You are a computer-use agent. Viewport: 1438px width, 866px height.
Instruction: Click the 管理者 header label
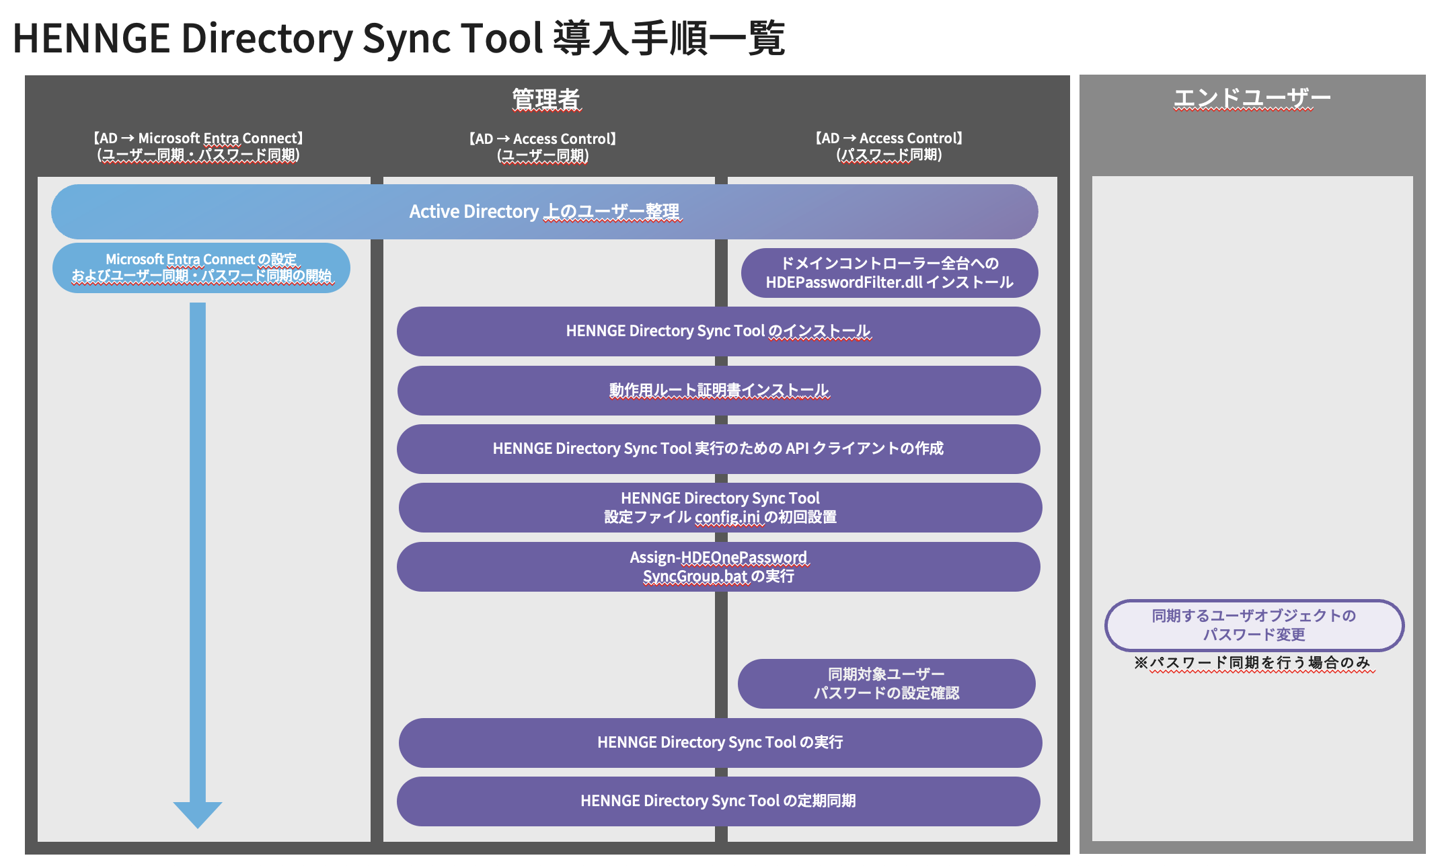click(x=545, y=99)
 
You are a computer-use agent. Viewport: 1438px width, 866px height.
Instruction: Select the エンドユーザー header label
click(x=1252, y=98)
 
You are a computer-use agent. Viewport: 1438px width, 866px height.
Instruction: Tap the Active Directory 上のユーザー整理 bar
click(x=544, y=212)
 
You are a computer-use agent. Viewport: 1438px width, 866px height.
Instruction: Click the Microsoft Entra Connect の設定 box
click(x=201, y=268)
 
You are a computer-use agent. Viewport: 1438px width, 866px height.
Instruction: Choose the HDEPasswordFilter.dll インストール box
click(x=889, y=273)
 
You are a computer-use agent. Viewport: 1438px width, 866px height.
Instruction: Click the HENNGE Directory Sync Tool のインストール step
click(x=718, y=331)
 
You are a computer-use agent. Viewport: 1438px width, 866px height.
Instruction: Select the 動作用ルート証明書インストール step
click(x=718, y=391)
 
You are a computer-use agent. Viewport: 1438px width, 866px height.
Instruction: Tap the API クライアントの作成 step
click(x=718, y=449)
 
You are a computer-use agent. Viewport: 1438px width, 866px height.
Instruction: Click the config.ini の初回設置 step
click(x=720, y=508)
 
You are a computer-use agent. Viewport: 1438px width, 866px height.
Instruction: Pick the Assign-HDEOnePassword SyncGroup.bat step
click(x=718, y=567)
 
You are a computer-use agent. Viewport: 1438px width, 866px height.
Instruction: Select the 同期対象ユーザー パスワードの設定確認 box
click(x=886, y=684)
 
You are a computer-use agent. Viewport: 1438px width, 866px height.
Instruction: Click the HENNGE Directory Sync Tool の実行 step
click(x=720, y=743)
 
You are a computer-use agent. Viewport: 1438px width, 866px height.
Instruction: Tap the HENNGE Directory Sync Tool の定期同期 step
click(x=718, y=801)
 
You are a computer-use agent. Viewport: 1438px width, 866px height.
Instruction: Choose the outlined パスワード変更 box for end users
click(x=1254, y=625)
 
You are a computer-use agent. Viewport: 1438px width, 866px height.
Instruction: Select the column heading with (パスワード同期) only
click(x=888, y=146)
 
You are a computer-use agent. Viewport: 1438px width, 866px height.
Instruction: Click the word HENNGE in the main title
click(x=91, y=38)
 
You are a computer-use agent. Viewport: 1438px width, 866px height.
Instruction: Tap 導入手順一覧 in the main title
click(x=669, y=38)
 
